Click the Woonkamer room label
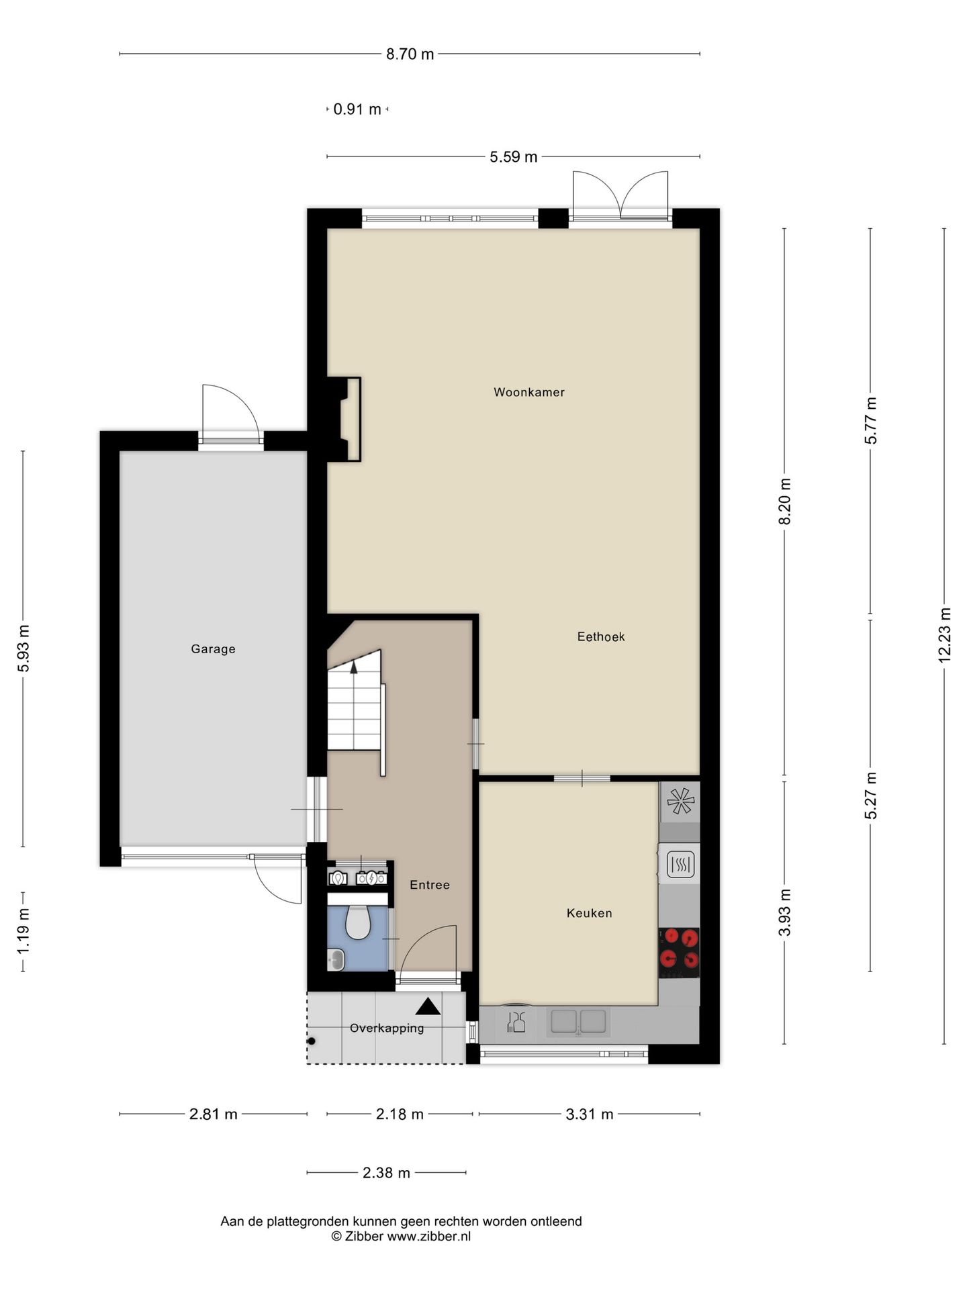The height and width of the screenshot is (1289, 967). point(529,392)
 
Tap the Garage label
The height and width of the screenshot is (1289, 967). point(213,649)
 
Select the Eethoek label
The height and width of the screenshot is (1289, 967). point(601,636)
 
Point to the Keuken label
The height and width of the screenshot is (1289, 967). point(589,913)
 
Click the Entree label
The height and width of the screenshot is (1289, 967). point(430,885)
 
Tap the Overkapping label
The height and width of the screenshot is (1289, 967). point(387,1028)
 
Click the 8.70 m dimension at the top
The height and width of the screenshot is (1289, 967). point(410,54)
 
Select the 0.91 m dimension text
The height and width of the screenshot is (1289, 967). point(357,109)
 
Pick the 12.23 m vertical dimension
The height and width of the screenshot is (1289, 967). point(944,635)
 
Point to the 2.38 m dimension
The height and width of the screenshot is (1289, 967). point(386,1173)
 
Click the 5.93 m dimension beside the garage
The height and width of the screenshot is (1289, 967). point(24,648)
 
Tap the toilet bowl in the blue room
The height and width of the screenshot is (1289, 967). point(358,922)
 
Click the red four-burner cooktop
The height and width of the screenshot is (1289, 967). point(679,953)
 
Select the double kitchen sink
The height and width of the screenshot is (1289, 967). point(578,1021)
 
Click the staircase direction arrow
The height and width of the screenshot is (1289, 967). point(354,666)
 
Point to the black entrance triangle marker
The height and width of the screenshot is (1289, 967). point(428,1006)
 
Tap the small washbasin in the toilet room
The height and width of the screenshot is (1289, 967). point(336,960)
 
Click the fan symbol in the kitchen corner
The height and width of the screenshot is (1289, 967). point(680,801)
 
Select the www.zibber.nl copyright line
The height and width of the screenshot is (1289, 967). point(401,1236)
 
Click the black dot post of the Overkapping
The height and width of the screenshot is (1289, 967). point(312,1041)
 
